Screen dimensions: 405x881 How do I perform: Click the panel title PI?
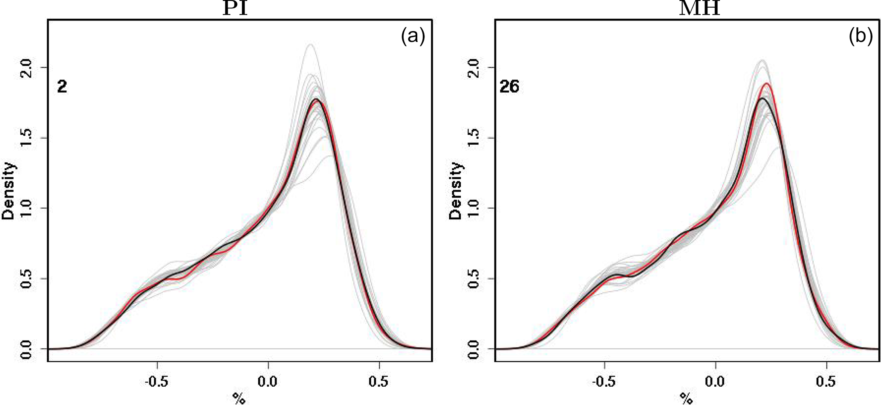pos(235,9)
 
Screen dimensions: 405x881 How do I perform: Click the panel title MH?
pos(699,9)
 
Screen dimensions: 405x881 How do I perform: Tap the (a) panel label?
pos(413,37)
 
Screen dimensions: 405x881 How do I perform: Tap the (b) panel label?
pos(860,37)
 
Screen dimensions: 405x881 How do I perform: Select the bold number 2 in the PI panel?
pos(62,87)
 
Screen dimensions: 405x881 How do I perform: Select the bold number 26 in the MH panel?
pos(509,87)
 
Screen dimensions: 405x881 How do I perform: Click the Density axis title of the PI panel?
pos(9,191)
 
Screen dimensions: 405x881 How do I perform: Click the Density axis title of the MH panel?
pos(456,191)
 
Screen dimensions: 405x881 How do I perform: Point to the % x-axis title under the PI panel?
pos(239,398)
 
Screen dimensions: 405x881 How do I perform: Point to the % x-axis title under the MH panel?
pos(686,398)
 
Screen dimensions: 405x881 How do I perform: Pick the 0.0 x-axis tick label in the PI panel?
pos(268,381)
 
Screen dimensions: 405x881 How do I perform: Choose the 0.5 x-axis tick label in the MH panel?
pos(826,381)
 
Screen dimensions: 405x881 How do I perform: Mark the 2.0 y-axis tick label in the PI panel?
pos(26,67)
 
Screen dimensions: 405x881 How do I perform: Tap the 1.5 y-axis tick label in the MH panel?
pos(473,138)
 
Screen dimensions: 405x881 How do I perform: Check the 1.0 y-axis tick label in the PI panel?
pos(26,208)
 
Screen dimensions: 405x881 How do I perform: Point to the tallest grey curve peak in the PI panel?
pos(310,44)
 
